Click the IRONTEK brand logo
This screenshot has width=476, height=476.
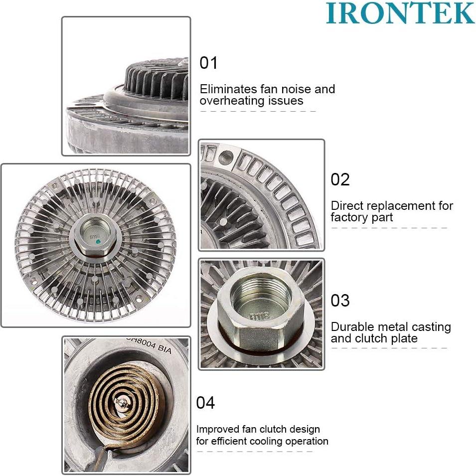coord(400,13)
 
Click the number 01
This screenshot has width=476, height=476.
coord(209,63)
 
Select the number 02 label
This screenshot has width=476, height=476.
coord(340,179)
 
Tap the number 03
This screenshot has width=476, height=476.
coord(340,301)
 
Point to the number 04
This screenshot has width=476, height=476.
coord(205,402)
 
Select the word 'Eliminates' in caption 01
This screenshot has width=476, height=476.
coord(226,89)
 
